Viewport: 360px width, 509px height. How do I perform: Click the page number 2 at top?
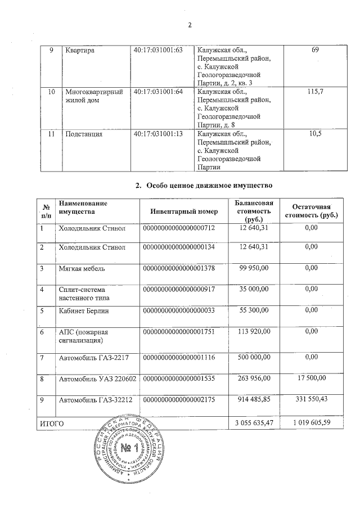point(190,25)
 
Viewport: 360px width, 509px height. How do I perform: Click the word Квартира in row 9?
point(79,51)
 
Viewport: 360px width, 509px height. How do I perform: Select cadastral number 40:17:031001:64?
point(159,92)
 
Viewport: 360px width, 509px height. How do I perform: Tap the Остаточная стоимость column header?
point(311,211)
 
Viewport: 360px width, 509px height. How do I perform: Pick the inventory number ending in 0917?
point(179,289)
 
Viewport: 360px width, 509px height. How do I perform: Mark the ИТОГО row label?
point(51,422)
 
